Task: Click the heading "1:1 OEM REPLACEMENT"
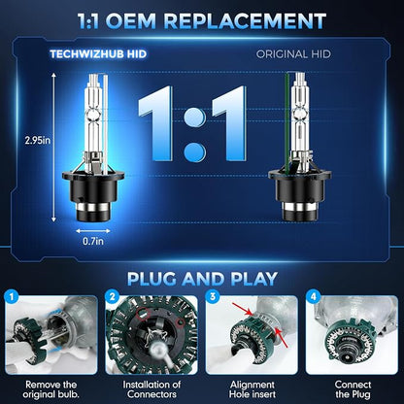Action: pyautogui.click(x=202, y=21)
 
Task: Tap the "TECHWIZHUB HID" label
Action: pyautogui.click(x=98, y=54)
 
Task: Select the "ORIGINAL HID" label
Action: pyautogui.click(x=293, y=54)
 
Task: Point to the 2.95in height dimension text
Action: pyautogui.click(x=38, y=141)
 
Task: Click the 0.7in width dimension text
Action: pyautogui.click(x=93, y=241)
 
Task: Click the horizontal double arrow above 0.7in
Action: pyautogui.click(x=93, y=231)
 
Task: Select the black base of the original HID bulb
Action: pyautogui.click(x=300, y=195)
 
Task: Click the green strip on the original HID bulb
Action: pyautogui.click(x=286, y=123)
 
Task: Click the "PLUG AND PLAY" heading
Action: pyautogui.click(x=202, y=279)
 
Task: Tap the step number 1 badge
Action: pyautogui.click(x=12, y=296)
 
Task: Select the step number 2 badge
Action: pyautogui.click(x=113, y=296)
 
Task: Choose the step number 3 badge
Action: pyautogui.click(x=213, y=296)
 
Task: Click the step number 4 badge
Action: pyautogui.click(x=313, y=296)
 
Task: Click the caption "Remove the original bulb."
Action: pyautogui.click(x=51, y=389)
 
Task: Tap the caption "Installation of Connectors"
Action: pyautogui.click(x=151, y=389)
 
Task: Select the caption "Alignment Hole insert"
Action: pyautogui.click(x=252, y=389)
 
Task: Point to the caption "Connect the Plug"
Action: pyautogui.click(x=353, y=389)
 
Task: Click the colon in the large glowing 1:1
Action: pyautogui.click(x=195, y=134)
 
